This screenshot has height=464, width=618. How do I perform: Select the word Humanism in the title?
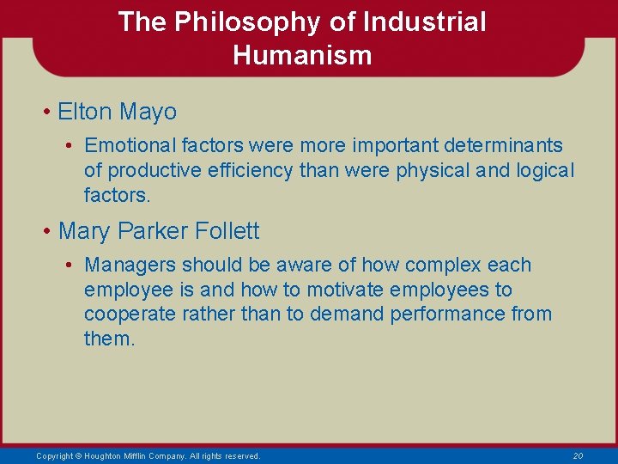tap(302, 56)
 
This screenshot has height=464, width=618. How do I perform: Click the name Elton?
tap(85, 112)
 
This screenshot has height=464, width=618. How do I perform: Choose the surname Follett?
tap(227, 231)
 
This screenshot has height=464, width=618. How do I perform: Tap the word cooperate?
tap(130, 314)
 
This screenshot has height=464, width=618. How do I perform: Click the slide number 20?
tap(578, 455)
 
